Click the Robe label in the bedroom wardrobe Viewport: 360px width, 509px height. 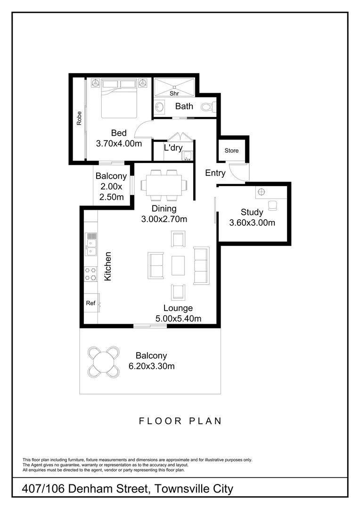coord(79,118)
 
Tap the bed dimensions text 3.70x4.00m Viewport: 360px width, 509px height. coord(119,143)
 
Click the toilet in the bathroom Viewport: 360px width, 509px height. coord(208,107)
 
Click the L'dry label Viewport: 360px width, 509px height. coord(173,148)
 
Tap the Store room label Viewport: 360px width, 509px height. coord(231,151)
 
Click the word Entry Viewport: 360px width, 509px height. coord(215,173)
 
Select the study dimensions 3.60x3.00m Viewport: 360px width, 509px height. coord(252,223)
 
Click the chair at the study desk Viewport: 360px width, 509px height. coord(272,205)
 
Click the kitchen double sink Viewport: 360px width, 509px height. coord(91,244)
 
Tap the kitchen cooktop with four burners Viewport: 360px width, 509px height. coord(90,274)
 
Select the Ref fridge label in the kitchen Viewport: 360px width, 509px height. coord(90,303)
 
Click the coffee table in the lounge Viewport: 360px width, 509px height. coord(178,265)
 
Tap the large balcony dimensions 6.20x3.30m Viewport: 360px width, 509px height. coord(151,366)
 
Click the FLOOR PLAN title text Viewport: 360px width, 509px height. coord(180,421)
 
